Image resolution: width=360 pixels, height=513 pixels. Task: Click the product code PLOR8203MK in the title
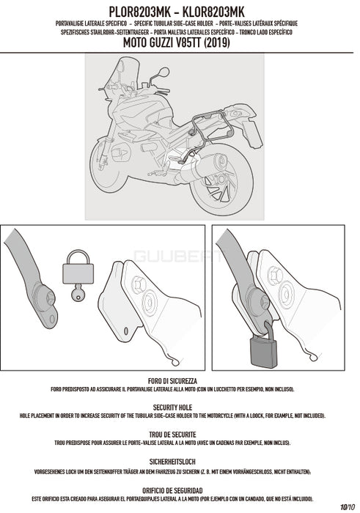[x=140, y=12]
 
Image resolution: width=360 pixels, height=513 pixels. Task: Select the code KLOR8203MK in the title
[x=213, y=12]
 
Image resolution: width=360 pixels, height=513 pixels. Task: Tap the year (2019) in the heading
[x=216, y=43]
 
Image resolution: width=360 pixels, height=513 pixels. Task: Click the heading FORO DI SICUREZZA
[x=172, y=381]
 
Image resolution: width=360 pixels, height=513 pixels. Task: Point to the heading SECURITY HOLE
[x=172, y=407]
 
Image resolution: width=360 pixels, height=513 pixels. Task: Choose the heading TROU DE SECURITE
[x=172, y=435]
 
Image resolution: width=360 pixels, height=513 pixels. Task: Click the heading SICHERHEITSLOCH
[x=172, y=462]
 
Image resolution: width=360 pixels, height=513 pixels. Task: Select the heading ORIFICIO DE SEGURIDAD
[x=172, y=491]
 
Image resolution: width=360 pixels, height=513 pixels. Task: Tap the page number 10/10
[x=348, y=507]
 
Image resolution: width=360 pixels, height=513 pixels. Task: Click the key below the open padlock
[x=78, y=292]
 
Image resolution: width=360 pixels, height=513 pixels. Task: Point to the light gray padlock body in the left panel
[x=78, y=273]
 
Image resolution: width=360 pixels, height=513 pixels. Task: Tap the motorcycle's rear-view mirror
[x=164, y=72]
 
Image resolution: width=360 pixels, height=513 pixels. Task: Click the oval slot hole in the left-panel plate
[x=126, y=331]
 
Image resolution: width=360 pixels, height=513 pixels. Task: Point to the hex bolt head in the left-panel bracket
[x=139, y=284]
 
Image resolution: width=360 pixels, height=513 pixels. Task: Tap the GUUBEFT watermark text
[x=177, y=256]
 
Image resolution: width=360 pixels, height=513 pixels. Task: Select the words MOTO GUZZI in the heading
[x=153, y=43]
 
